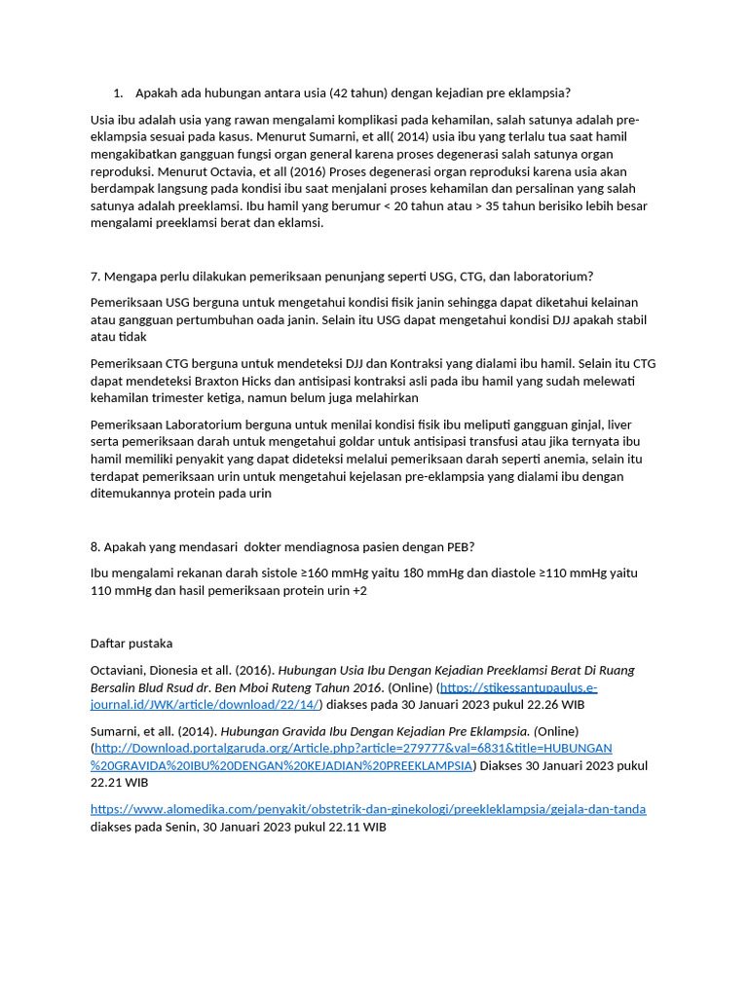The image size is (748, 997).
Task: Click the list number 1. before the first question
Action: pyautogui.click(x=118, y=93)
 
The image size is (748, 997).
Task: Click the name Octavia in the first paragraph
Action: pyautogui.click(x=254, y=171)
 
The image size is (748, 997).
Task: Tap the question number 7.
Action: pyautogui.click(x=94, y=277)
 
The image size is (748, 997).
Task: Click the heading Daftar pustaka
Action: pyautogui.click(x=131, y=644)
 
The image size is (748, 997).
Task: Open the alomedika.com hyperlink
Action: pyautogui.click(x=368, y=810)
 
